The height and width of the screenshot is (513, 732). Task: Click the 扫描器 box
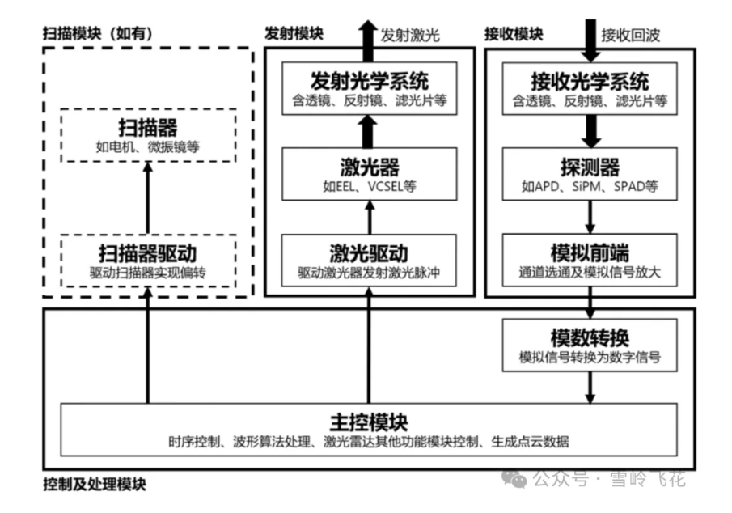coord(147,135)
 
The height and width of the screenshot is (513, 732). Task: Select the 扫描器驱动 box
coord(147,260)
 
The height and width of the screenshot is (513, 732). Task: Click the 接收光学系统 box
coord(590,89)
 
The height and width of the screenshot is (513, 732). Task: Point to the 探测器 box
coord(590,174)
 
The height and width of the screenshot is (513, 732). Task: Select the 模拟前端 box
coord(590,260)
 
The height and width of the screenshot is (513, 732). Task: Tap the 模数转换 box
coord(590,345)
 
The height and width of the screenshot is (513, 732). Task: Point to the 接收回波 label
coord(631,35)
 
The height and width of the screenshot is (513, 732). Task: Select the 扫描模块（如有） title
coord(98,33)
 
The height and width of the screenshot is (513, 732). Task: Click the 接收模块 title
coord(513,34)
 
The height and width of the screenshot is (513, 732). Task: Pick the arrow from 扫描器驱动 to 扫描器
coord(147,198)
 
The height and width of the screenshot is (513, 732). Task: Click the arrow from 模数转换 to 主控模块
coord(590,387)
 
